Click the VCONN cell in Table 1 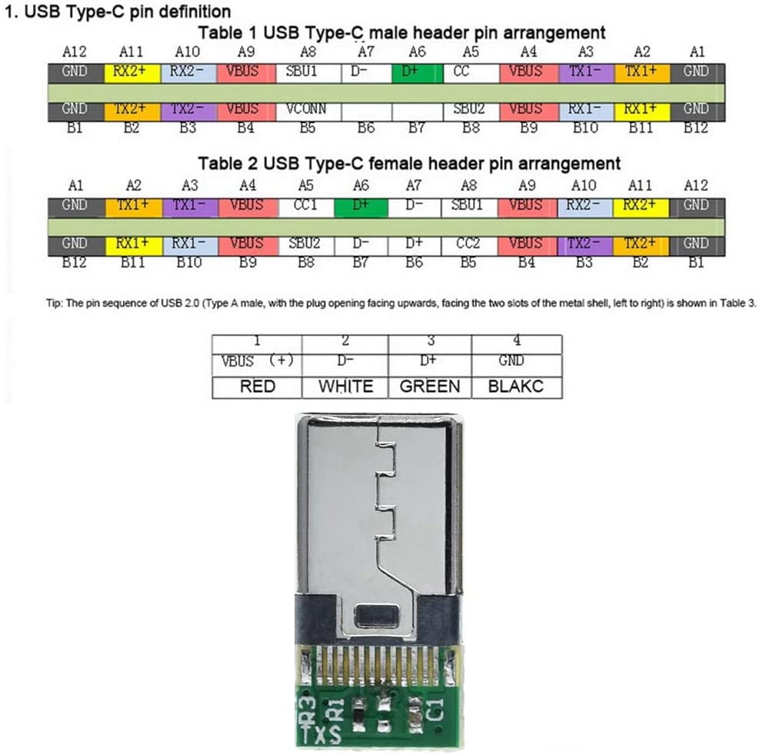click(307, 110)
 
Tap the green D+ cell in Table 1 click(417, 71)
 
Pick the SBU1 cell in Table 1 click(307, 71)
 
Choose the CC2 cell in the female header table click(468, 244)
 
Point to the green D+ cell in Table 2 click(361, 205)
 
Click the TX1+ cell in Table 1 click(641, 71)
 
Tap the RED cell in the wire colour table click(257, 386)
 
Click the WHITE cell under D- click(345, 386)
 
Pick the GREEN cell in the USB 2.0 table click(429, 386)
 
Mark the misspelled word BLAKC click(515, 386)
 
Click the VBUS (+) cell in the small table click(257, 361)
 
